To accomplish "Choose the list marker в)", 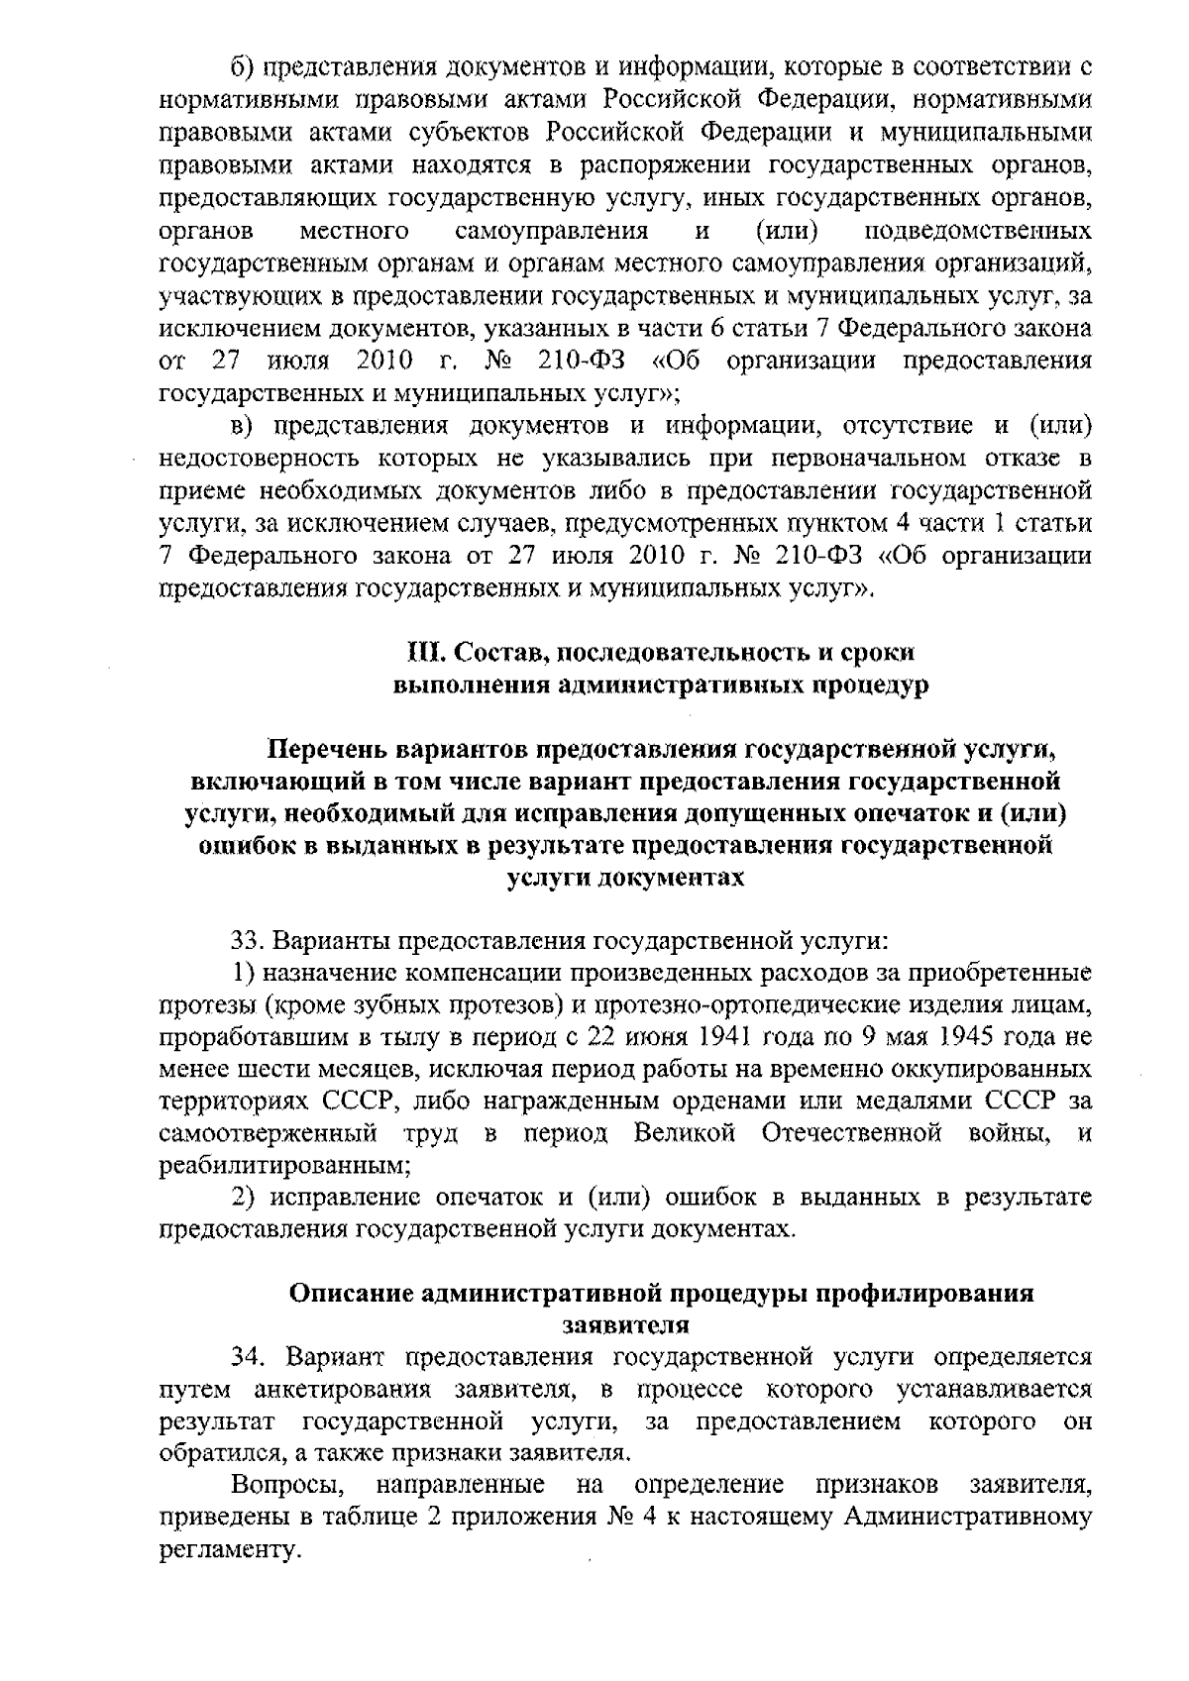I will click(243, 426).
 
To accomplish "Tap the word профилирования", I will click(928, 1294).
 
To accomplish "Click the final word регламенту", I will click(229, 1550).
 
